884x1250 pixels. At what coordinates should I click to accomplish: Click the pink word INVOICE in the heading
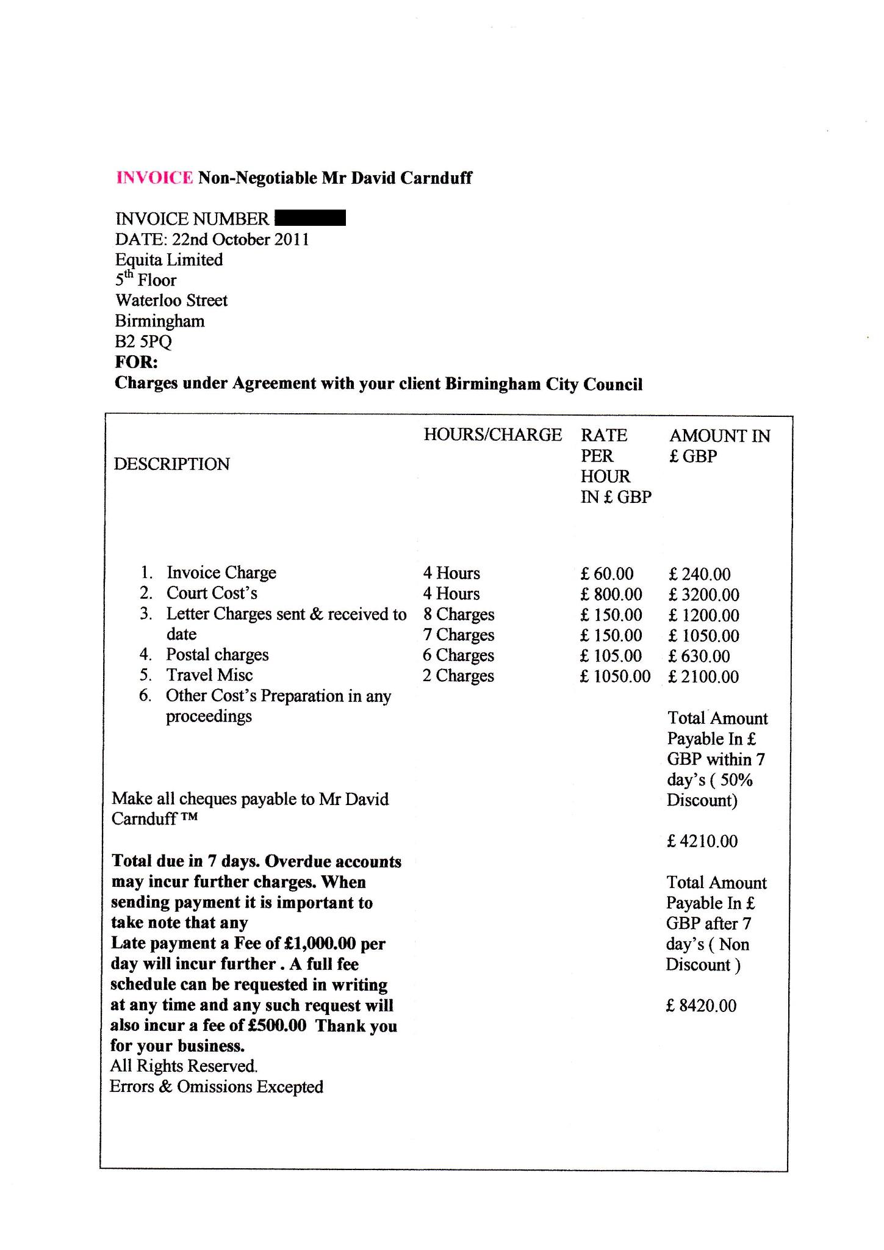click(154, 178)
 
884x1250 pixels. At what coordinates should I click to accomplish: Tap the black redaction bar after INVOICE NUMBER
click(311, 218)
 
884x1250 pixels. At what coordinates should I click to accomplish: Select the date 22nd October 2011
click(240, 239)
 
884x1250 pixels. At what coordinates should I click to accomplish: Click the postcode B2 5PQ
click(143, 341)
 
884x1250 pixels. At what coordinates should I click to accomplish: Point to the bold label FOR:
click(137, 363)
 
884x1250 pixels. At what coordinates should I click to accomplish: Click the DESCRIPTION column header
click(171, 464)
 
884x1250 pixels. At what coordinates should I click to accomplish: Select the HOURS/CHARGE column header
click(492, 435)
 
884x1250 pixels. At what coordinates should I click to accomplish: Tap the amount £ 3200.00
click(704, 595)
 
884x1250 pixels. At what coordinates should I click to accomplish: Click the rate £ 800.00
click(611, 594)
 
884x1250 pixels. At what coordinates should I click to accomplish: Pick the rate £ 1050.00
click(616, 676)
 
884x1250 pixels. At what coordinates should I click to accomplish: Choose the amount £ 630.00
click(699, 657)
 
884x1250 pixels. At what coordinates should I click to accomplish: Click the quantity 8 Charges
click(459, 615)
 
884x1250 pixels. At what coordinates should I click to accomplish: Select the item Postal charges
click(217, 655)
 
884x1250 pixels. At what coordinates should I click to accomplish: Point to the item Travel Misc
click(209, 675)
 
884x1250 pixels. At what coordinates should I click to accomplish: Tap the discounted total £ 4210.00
click(702, 842)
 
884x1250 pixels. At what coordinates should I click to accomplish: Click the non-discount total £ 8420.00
click(701, 1006)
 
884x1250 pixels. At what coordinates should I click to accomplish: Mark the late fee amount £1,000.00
click(320, 944)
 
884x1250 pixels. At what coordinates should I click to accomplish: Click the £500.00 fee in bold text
click(278, 1025)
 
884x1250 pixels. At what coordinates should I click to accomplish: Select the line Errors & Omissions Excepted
click(217, 1087)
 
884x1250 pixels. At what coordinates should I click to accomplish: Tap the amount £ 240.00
click(700, 574)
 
